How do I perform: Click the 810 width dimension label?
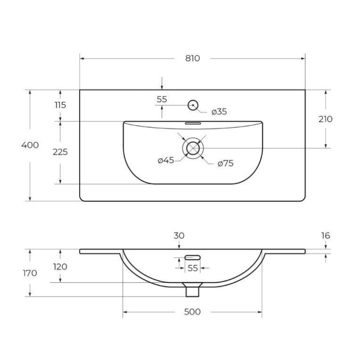192,58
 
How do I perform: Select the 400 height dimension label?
30,144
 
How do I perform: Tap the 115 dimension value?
60,105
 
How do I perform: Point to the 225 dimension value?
60,152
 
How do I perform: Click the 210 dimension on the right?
325,119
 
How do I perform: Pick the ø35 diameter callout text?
219,112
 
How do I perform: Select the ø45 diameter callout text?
166,161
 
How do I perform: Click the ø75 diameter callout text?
225,164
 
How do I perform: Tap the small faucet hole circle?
193,104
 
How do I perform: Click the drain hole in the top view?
193,147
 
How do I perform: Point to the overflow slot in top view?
193,123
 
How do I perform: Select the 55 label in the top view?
162,99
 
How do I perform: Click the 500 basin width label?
192,312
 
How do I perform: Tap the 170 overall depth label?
30,273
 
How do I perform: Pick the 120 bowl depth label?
60,266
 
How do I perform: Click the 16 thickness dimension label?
325,236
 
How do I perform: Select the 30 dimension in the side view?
179,236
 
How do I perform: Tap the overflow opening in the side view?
193,256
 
